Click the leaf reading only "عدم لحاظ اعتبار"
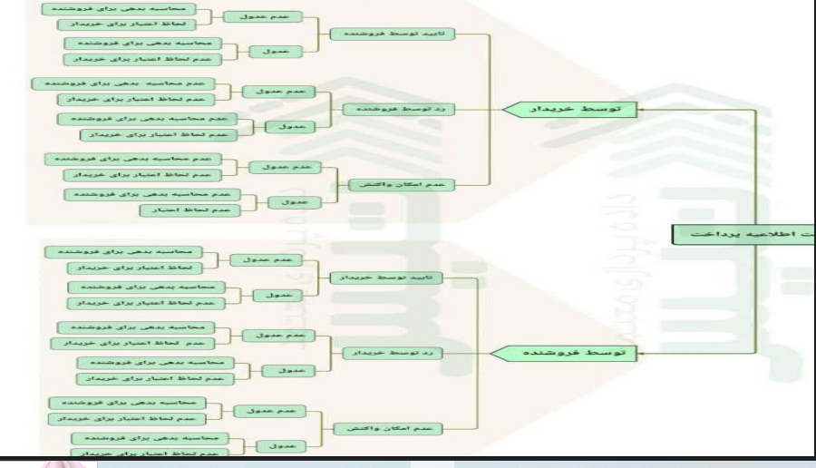[187, 210]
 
